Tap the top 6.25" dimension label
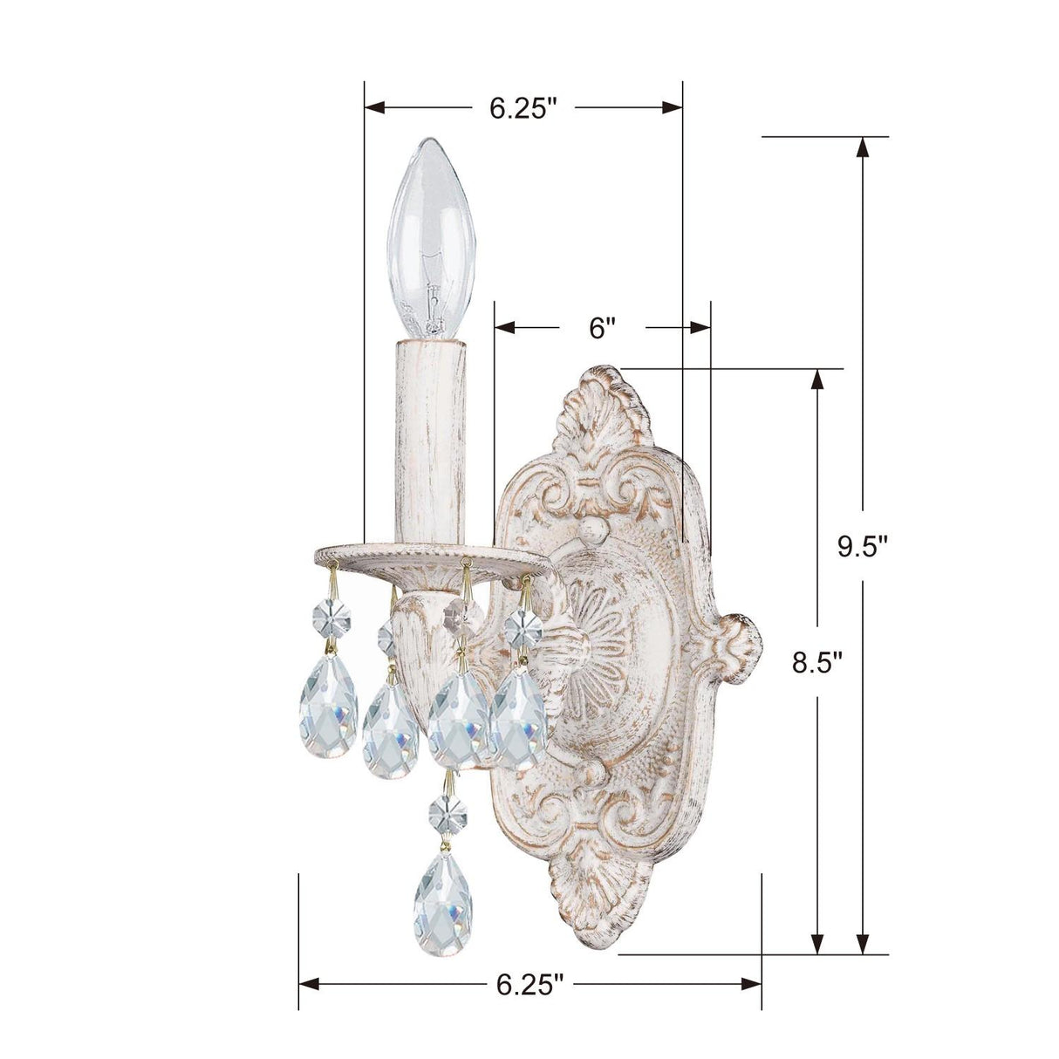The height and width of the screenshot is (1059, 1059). (523, 107)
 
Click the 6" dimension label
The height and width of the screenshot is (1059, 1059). (603, 328)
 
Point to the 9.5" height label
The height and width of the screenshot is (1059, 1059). (862, 547)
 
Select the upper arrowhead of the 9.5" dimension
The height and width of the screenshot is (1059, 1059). (862, 147)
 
